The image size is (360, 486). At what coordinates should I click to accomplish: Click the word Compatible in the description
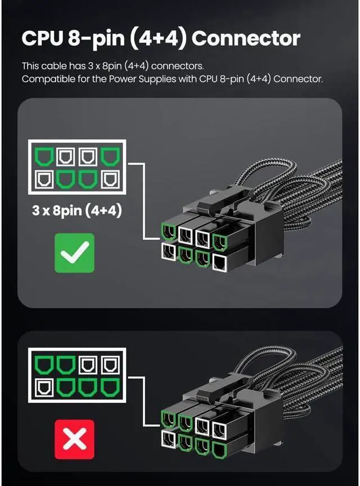(47, 79)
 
